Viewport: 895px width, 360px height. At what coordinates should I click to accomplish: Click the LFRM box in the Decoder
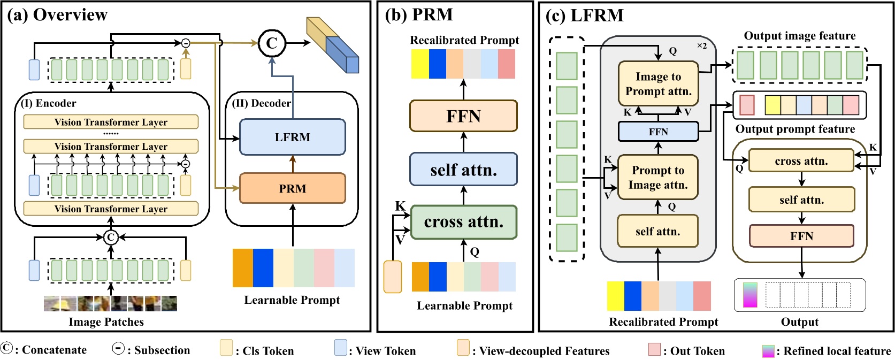[292, 137]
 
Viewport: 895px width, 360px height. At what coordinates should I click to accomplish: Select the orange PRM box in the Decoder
[292, 188]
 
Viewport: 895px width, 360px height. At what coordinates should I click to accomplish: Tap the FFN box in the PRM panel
[463, 116]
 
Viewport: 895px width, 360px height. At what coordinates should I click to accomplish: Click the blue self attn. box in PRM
[463, 170]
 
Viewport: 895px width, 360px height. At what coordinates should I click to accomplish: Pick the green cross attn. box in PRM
[463, 221]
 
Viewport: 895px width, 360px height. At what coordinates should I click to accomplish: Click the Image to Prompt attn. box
[658, 83]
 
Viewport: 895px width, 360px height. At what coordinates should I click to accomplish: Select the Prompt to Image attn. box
[657, 177]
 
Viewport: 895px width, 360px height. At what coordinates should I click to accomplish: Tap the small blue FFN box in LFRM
[658, 132]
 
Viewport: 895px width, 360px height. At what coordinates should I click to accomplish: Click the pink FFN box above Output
[801, 236]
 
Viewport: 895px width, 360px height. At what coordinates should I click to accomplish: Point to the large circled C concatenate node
[272, 43]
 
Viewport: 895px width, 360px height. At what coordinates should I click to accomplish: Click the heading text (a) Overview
[57, 14]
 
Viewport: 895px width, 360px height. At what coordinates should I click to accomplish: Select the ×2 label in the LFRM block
[701, 46]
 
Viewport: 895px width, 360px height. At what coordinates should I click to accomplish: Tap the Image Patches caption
[106, 321]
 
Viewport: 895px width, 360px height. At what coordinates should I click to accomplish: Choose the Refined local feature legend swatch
[768, 351]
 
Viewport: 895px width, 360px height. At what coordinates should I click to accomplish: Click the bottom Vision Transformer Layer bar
[111, 209]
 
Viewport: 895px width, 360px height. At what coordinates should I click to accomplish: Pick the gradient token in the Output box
[750, 295]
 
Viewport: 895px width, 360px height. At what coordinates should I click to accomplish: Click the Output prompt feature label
[795, 129]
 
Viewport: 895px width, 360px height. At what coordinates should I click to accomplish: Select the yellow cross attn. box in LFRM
[801, 161]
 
